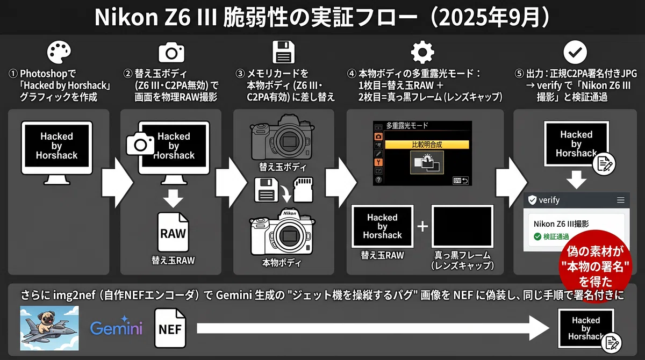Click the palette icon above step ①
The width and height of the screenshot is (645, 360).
pos(59,52)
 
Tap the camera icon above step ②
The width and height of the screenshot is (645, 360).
pos(171,52)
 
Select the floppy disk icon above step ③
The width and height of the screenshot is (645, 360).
pos(284,52)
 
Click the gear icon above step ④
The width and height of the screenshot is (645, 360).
pos(422,52)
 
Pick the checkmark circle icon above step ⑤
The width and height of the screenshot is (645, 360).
pos(575,52)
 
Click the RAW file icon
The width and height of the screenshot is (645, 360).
pos(173,232)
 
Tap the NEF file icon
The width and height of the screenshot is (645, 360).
pos(170,328)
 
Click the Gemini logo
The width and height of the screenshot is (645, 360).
pos(116,327)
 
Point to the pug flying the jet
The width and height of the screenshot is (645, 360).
pos(49,328)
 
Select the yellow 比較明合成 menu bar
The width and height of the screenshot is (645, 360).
pos(427,145)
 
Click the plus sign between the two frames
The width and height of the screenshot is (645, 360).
pos(422,226)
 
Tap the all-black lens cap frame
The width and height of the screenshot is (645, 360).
pos(462,226)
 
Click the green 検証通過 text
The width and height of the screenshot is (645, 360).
pos(556,236)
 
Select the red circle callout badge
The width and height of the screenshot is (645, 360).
pos(596,266)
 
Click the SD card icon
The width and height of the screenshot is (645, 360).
pos(303,190)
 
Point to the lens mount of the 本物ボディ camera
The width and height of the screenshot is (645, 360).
pos(288,236)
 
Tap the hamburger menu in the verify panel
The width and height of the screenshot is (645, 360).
pos(620,200)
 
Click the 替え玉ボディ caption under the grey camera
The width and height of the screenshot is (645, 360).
pos(283,167)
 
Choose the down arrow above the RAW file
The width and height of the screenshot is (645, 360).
pos(173,199)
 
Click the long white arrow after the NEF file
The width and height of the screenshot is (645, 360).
pos(373,328)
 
